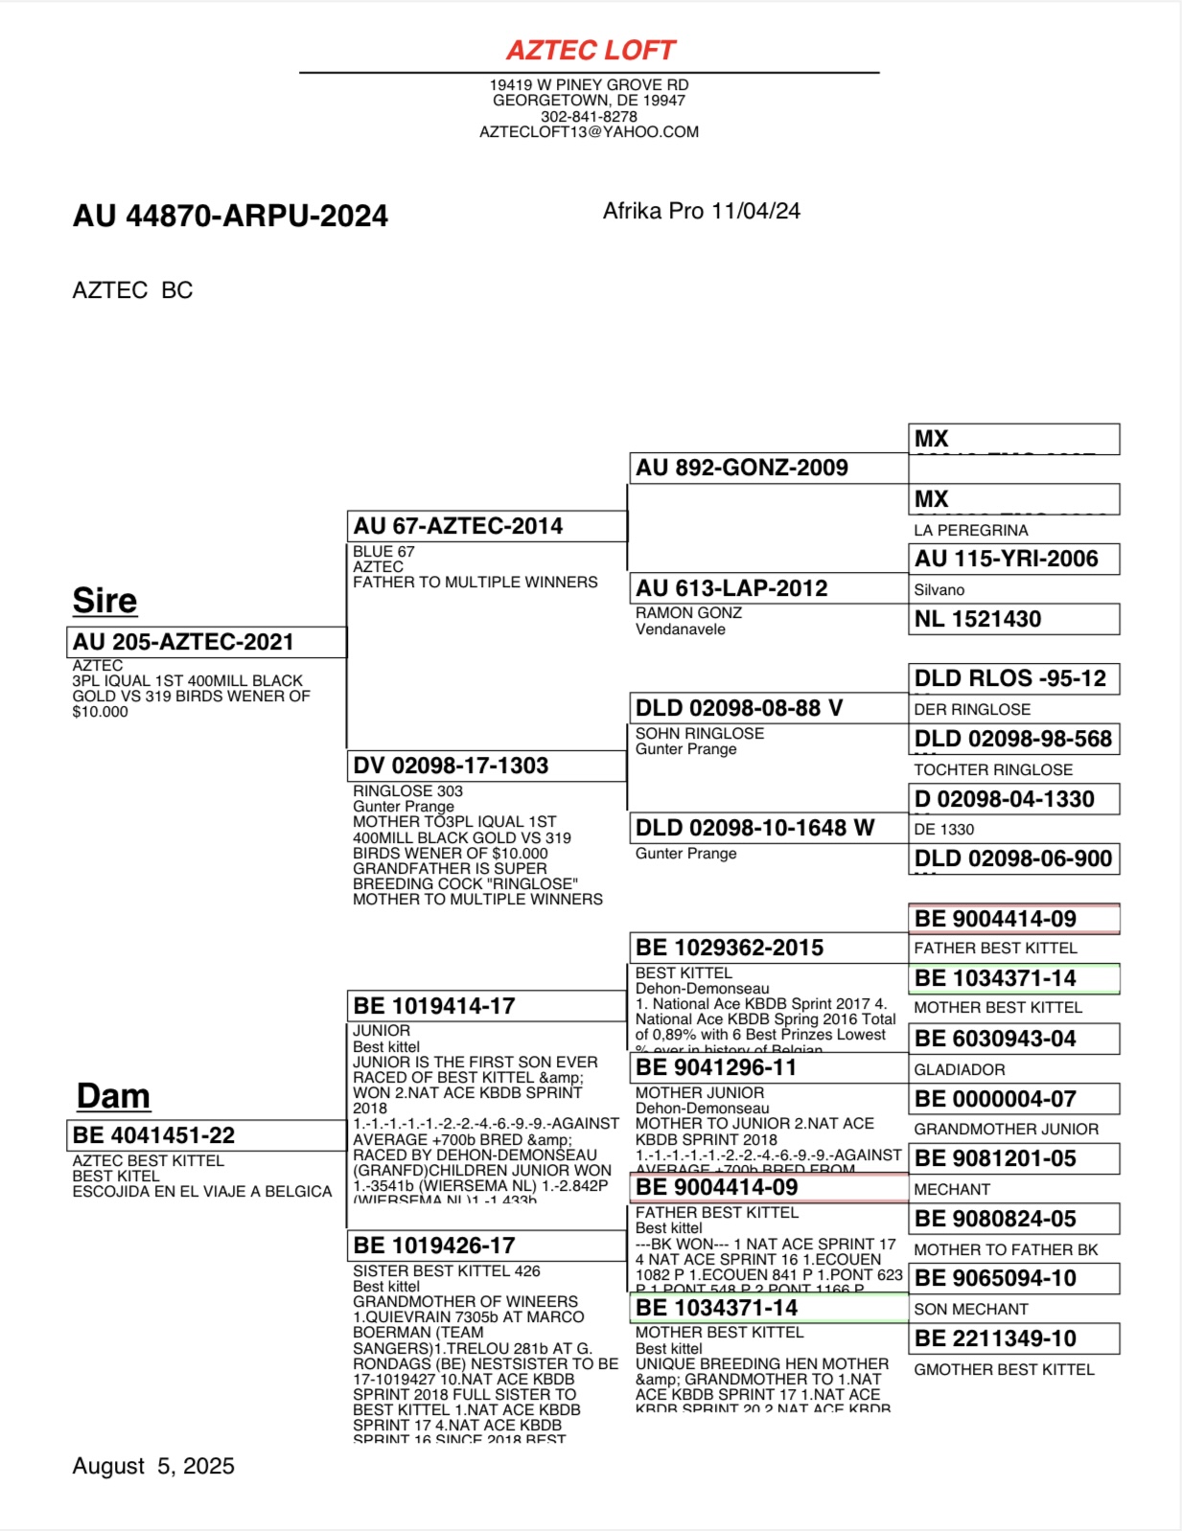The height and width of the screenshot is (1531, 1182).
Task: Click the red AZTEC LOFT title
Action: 591,50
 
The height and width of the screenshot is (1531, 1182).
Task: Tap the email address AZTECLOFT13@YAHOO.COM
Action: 589,132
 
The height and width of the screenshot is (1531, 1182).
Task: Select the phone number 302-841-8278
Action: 589,116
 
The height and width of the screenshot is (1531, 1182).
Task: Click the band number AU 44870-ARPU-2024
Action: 230,216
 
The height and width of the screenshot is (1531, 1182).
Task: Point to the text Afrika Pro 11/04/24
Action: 701,211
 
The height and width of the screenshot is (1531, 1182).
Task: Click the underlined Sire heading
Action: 104,601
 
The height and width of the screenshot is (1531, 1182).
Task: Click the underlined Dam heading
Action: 113,1096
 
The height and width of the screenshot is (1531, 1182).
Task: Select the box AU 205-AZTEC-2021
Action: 206,642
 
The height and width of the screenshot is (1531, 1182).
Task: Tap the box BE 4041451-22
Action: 206,1135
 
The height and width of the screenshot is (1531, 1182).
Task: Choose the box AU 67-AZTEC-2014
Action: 486,526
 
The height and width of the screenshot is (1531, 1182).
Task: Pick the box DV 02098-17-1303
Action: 486,765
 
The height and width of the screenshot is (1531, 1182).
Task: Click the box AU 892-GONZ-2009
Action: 768,468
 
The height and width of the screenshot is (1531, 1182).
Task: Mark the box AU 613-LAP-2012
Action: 768,588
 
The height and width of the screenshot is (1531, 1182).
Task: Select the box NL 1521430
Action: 1013,619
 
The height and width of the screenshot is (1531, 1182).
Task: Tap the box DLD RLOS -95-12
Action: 1013,678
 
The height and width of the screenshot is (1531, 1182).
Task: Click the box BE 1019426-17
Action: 486,1245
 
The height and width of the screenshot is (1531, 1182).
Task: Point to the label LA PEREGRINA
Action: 970,531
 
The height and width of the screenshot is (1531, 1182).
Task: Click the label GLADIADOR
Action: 959,1069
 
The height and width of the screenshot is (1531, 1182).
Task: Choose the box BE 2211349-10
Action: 1013,1338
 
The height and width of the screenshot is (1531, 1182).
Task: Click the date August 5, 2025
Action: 153,1466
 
